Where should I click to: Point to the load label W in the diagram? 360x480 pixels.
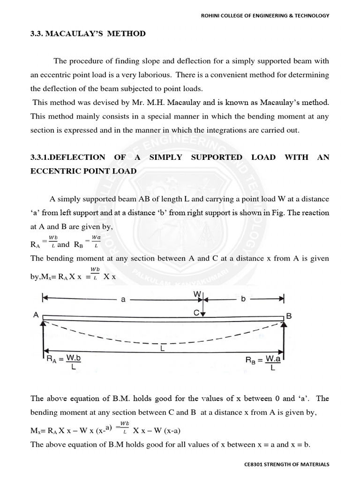coord(197,294)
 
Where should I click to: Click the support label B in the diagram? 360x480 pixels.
coord(289,316)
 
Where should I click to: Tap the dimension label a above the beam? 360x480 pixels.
coord(123,300)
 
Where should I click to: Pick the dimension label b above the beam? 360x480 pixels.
coord(243,300)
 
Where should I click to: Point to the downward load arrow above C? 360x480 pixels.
coord(202,307)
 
